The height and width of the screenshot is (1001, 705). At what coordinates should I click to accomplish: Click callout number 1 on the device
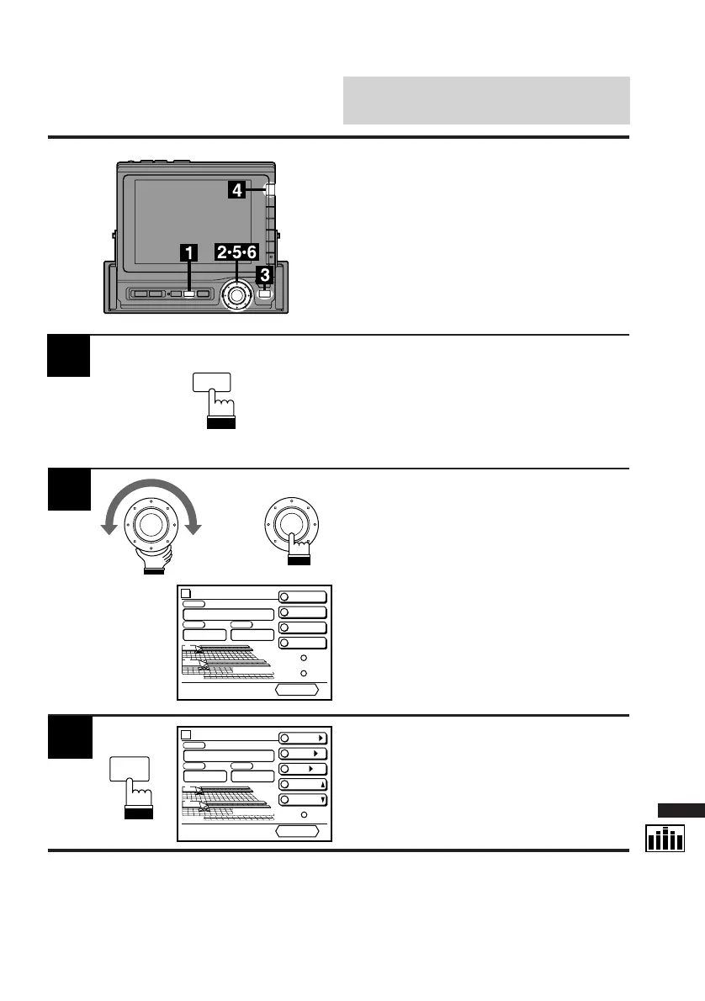tap(189, 252)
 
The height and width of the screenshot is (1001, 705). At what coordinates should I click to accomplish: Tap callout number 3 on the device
tap(265, 274)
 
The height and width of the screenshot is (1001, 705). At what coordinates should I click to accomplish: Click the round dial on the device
tap(236, 295)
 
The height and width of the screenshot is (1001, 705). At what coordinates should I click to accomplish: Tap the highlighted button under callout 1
tap(189, 294)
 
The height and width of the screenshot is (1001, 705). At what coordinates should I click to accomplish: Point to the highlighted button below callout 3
tap(265, 294)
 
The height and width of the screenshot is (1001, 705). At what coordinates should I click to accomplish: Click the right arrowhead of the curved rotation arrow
tap(195, 527)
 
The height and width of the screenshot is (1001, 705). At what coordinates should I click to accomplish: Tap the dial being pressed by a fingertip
tap(288, 522)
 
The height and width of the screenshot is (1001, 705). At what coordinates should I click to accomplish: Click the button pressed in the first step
tap(211, 383)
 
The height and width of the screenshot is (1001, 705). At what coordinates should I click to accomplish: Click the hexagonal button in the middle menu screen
tap(298, 690)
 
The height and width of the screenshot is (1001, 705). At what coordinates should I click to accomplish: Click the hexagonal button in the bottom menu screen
tap(298, 831)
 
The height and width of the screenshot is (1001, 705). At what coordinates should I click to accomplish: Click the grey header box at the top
tap(486, 100)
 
